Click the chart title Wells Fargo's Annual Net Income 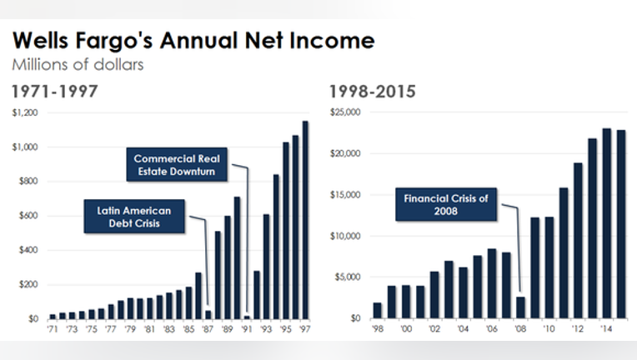point(193,41)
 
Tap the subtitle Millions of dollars point(78,64)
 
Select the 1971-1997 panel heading point(55,92)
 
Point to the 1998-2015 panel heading point(372,92)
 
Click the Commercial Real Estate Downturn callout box point(177,164)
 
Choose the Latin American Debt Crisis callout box point(134,217)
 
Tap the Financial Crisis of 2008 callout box point(446,204)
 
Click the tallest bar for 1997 point(305,220)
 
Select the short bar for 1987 point(208,314)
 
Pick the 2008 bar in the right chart point(520,307)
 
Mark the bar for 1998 point(378,311)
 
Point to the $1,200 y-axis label point(25,112)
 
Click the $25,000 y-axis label point(345,112)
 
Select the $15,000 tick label point(345,195)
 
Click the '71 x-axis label point(53,328)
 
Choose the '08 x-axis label point(520,328)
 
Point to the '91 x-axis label point(247,328)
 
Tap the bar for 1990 point(238,258)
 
